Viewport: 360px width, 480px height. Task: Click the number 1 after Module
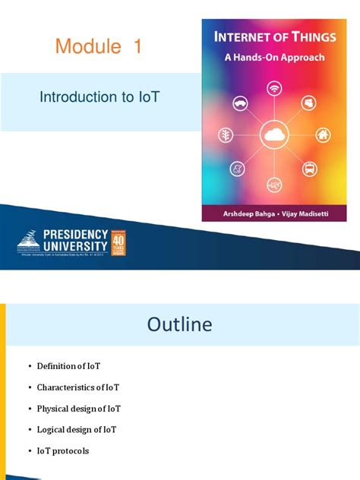pos(137,47)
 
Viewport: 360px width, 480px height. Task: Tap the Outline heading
pos(179,325)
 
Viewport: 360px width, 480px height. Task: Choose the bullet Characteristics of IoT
pos(78,387)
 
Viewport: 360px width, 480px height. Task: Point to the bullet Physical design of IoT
pos(79,409)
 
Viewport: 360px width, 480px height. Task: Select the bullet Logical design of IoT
pos(77,430)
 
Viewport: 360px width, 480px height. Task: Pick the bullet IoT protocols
pos(63,451)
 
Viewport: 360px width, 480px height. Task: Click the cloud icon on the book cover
pos(274,135)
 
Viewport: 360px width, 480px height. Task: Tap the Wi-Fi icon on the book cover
pos(274,90)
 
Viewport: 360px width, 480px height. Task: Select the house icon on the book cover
pos(323,135)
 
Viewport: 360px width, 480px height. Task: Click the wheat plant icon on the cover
pos(226,135)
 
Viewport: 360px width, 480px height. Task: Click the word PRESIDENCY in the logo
pos(71,235)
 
